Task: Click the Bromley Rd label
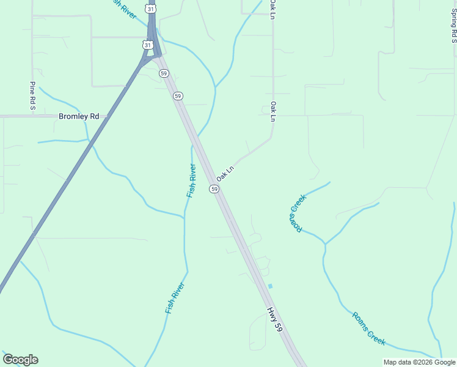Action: pyautogui.click(x=79, y=116)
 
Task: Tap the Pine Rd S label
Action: pyautogui.click(x=32, y=97)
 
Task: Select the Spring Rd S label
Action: pyautogui.click(x=453, y=26)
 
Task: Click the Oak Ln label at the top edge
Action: pyautogui.click(x=273, y=9)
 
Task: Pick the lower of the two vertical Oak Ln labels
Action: pyautogui.click(x=273, y=111)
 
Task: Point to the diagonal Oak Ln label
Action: pyautogui.click(x=225, y=172)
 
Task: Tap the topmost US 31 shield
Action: pyautogui.click(x=151, y=9)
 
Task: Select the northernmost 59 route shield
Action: pyautogui.click(x=163, y=73)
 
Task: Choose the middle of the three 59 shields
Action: pyautogui.click(x=178, y=96)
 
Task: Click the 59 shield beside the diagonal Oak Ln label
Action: pyautogui.click(x=214, y=189)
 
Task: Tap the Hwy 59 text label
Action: pyautogui.click(x=275, y=319)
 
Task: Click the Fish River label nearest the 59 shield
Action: pyautogui.click(x=192, y=180)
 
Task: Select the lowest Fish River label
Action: pyautogui.click(x=175, y=298)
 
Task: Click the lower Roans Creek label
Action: pyautogui.click(x=369, y=328)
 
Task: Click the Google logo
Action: pyautogui.click(x=20, y=360)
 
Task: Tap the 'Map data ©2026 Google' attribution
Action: pyautogui.click(x=419, y=362)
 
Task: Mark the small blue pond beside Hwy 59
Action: pyautogui.click(x=270, y=286)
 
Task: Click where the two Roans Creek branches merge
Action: pyautogui.click(x=325, y=244)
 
